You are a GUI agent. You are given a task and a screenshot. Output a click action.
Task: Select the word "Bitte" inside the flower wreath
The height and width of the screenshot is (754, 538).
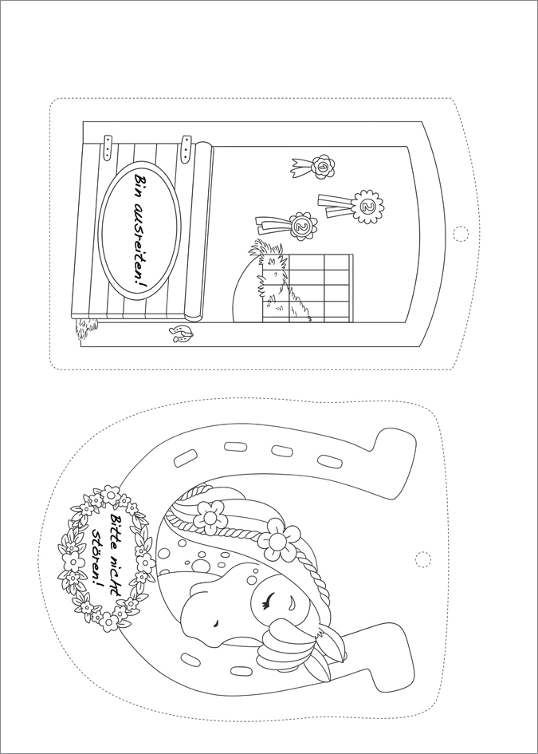coord(116,526)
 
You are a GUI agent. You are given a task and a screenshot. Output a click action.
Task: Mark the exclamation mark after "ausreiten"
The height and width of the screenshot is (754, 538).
coord(140,284)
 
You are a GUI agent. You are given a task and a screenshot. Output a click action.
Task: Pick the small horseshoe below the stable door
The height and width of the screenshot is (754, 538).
coord(181,334)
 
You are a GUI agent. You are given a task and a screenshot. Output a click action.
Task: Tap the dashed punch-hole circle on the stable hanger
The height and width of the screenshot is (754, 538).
coord(460,234)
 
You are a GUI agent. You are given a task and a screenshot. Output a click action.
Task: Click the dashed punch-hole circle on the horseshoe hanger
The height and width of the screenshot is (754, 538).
coord(422,559)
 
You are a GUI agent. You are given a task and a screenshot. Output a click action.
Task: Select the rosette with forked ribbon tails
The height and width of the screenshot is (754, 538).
coord(312,168)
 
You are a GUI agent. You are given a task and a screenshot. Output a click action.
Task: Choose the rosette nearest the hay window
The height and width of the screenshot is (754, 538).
coord(287,226)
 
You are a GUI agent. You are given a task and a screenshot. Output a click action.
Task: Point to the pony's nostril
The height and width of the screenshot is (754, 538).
coord(216,622)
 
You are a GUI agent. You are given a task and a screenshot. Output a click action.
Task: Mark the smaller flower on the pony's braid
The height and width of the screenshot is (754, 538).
coord(210,517)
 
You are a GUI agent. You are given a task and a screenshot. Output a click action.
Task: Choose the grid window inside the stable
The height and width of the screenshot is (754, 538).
coord(308,287)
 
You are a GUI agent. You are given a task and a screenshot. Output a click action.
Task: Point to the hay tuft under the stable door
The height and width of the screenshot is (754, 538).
coord(86,329)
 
